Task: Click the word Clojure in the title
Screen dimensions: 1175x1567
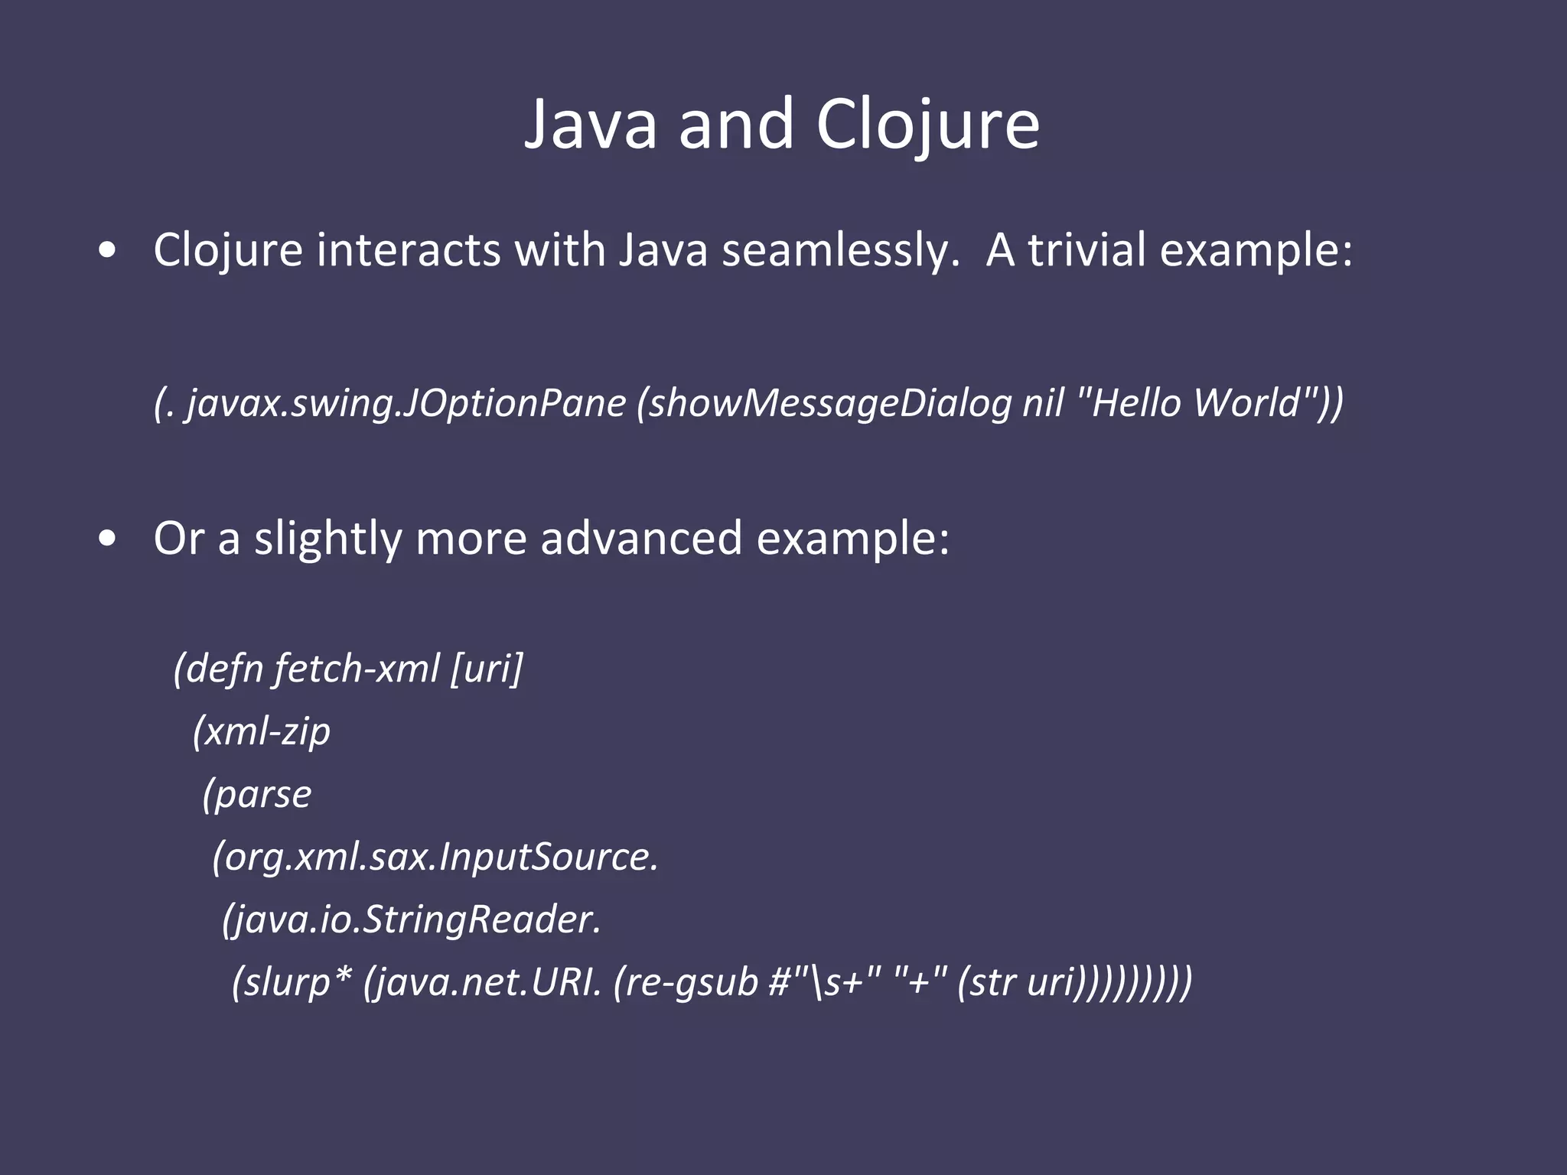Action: pyautogui.click(x=927, y=125)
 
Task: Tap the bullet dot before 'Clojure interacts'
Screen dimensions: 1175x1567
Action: pyautogui.click(x=108, y=250)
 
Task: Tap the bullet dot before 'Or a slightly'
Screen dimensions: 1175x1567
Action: pyautogui.click(x=108, y=539)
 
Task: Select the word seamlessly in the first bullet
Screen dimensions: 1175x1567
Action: pyautogui.click(x=840, y=251)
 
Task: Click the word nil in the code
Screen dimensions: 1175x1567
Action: pyautogui.click(x=1043, y=402)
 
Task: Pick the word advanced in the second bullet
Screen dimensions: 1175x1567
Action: pyautogui.click(x=641, y=538)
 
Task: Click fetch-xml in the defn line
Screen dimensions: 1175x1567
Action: pyautogui.click(x=356, y=669)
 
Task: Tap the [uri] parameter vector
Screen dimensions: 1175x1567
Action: pyautogui.click(x=487, y=669)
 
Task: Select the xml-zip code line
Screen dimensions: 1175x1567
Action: pyautogui.click(x=262, y=732)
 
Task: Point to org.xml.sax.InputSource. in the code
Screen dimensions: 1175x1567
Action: pyautogui.click(x=435, y=857)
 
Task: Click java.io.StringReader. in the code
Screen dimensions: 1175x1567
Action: pyautogui.click(x=412, y=919)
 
